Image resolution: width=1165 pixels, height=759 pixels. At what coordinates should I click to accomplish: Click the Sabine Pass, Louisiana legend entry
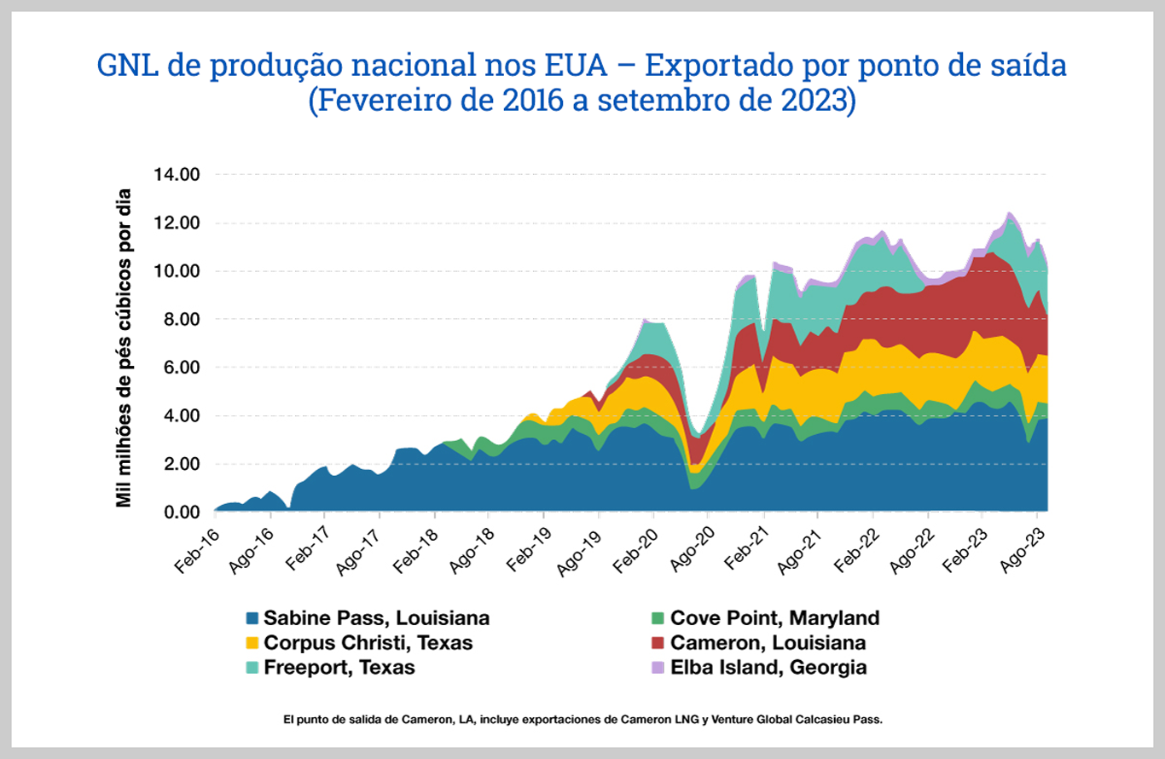tap(376, 618)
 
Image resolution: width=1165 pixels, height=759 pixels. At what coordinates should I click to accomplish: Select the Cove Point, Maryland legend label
tap(774, 618)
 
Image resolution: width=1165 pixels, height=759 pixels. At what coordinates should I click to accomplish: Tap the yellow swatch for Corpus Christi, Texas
tap(252, 643)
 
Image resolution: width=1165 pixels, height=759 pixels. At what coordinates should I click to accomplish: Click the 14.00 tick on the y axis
tap(177, 175)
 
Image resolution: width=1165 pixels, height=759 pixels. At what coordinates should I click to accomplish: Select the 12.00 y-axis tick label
tap(177, 223)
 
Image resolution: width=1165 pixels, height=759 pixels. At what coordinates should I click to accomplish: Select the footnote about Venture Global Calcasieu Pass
tap(582, 720)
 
